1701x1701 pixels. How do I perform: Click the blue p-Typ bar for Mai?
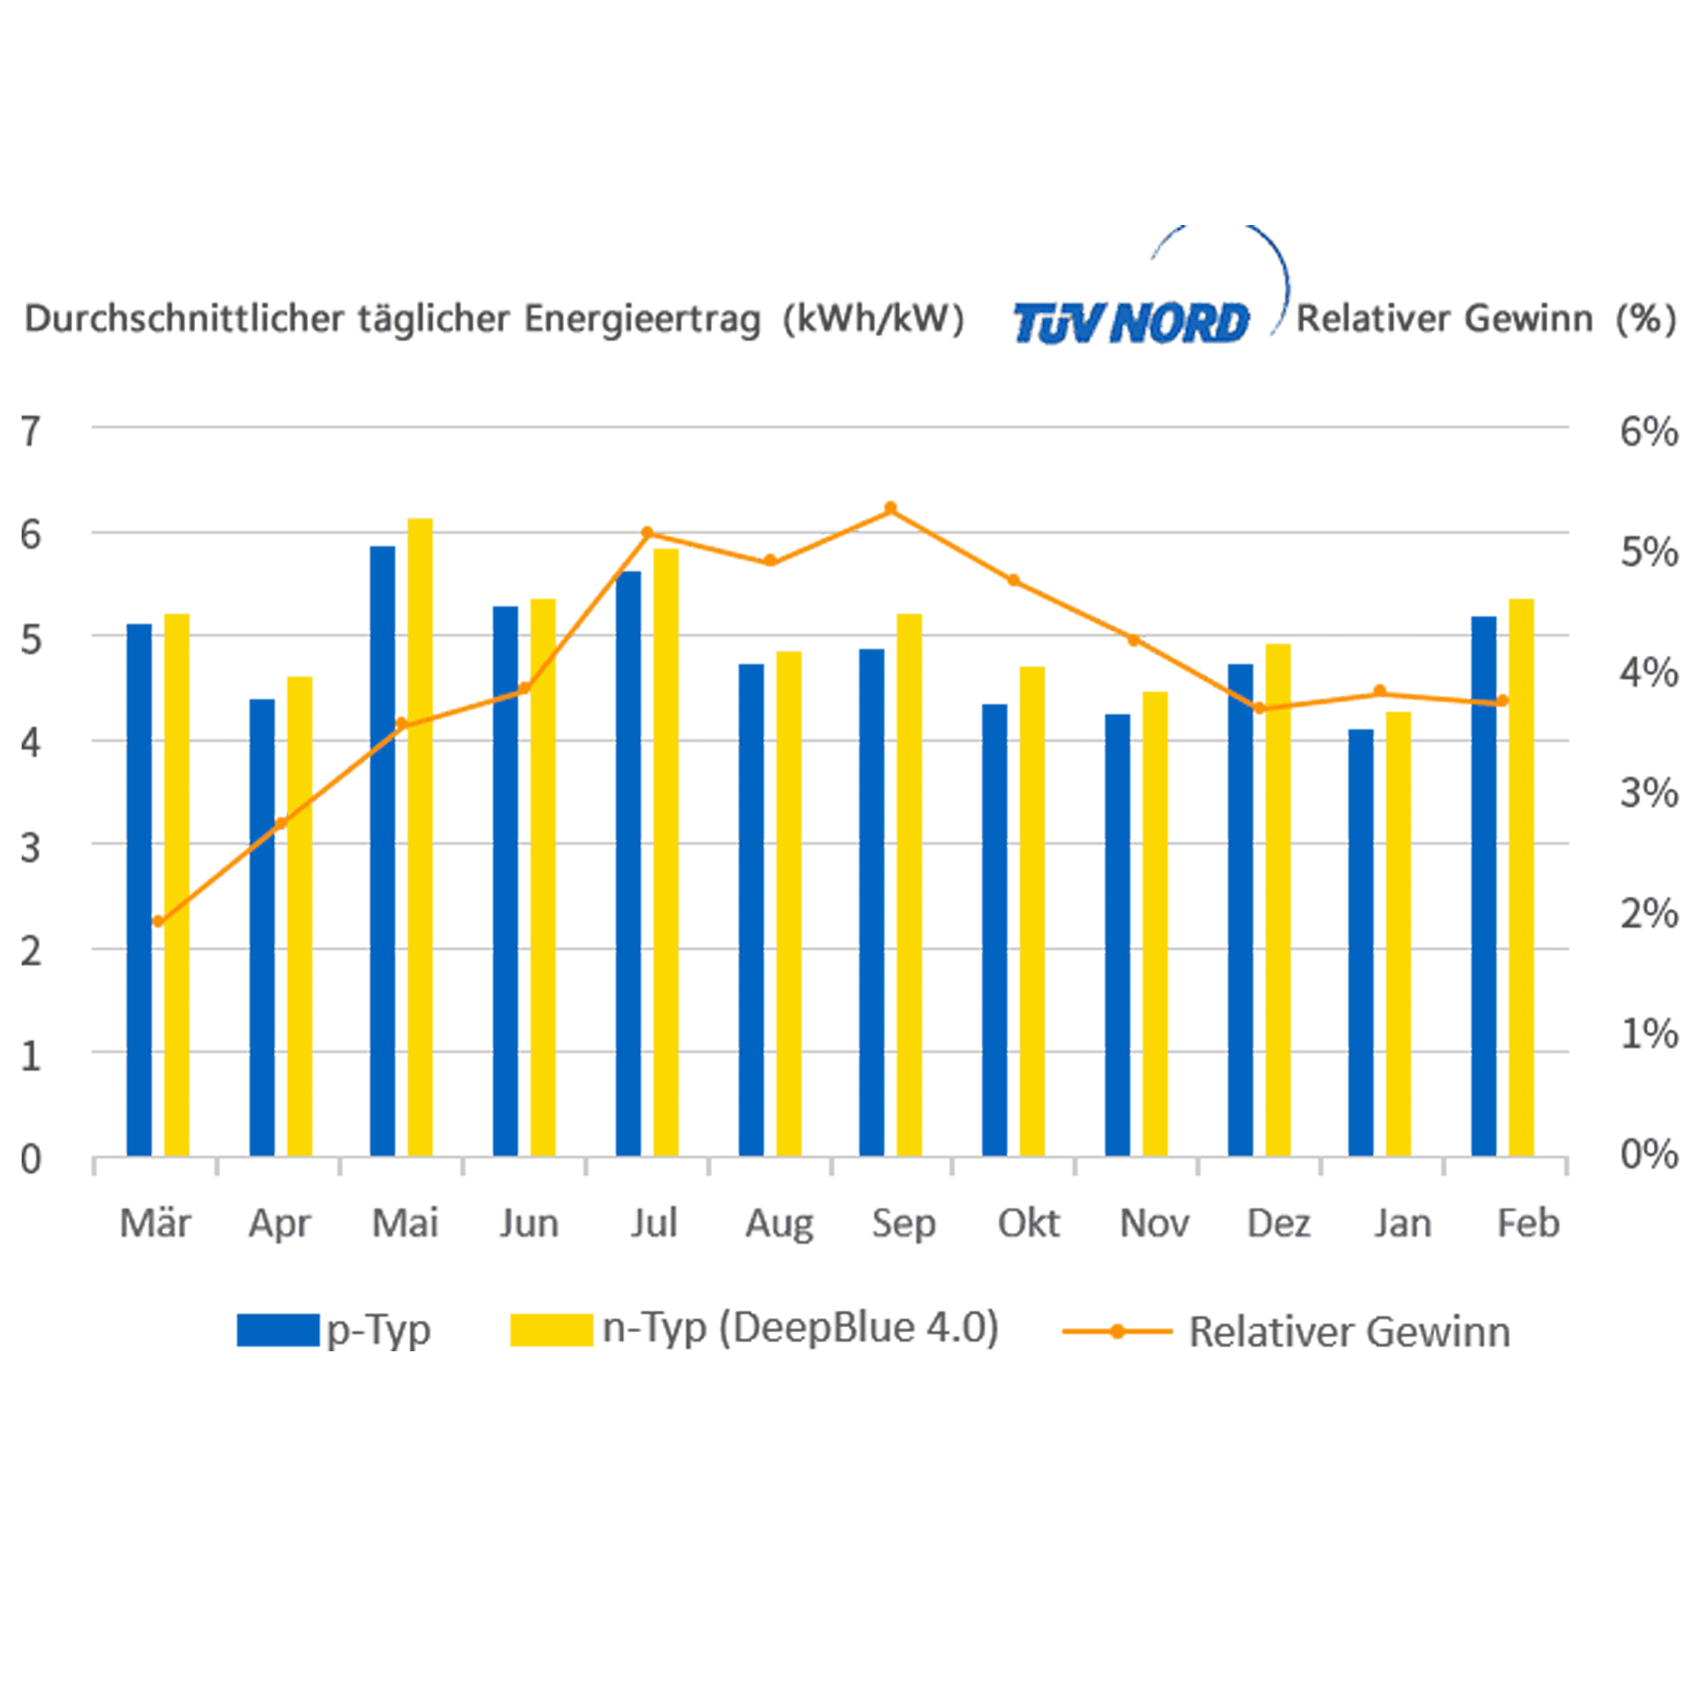(x=382, y=850)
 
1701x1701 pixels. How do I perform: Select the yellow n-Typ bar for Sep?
(x=909, y=884)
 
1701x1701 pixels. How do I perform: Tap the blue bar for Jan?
(x=1360, y=942)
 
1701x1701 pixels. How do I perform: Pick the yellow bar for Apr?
(x=299, y=915)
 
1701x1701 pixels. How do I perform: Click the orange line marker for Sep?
(x=890, y=508)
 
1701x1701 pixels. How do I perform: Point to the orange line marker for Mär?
(x=158, y=922)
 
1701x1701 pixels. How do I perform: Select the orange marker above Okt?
(x=1013, y=581)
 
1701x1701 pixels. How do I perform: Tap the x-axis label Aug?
(x=778, y=1223)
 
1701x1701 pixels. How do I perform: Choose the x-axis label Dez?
(x=1278, y=1223)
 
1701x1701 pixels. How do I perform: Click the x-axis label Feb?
(x=1527, y=1223)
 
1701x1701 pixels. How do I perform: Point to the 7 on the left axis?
(x=31, y=431)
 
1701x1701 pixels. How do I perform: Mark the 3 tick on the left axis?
(x=31, y=847)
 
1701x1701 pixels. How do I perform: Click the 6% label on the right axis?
(x=1648, y=431)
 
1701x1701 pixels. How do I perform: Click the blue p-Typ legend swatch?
(x=277, y=1331)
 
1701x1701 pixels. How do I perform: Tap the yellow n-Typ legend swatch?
(x=551, y=1331)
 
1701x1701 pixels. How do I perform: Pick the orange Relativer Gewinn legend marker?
(x=1116, y=1331)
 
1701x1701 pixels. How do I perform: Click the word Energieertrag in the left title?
(x=642, y=319)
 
